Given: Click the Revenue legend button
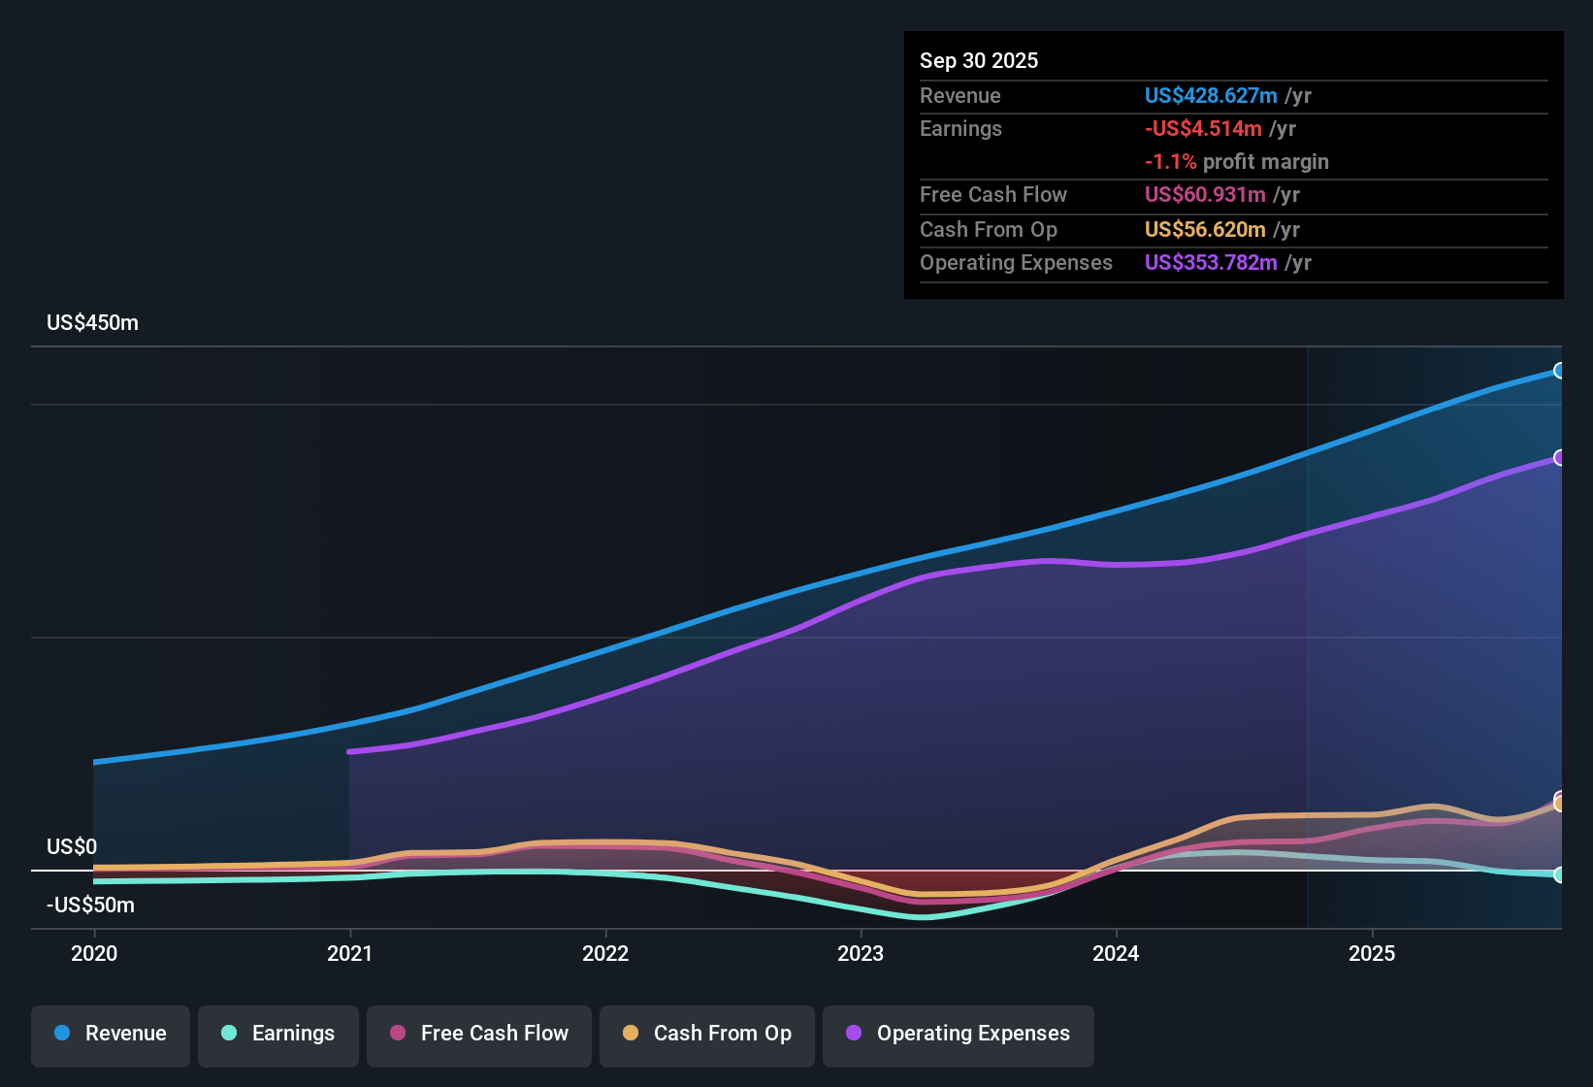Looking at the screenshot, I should pos(111,1034).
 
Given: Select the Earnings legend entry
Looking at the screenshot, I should pos(278,1034).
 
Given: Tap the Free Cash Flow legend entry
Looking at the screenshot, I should pos(479,1034).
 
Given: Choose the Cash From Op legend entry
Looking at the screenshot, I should pos(707,1034).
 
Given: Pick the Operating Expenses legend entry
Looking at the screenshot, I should pos(959,1034).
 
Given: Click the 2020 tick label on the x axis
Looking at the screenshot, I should pos(94,953).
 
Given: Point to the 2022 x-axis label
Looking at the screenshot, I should pos(605,953).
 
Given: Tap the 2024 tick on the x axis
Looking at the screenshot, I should pos(1116,953).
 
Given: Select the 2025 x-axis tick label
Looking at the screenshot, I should pos(1372,953).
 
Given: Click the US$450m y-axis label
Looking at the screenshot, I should pos(92,323).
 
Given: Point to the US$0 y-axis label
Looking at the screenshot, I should pos(72,846).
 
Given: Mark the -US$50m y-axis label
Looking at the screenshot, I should pos(90,906).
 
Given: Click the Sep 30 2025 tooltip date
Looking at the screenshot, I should pos(978,60).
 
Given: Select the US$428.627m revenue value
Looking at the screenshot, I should pos(1210,95).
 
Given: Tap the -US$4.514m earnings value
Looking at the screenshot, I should pos(1203,129).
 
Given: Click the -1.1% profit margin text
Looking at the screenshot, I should pos(1236,162).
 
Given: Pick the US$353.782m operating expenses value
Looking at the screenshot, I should pos(1210,263).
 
